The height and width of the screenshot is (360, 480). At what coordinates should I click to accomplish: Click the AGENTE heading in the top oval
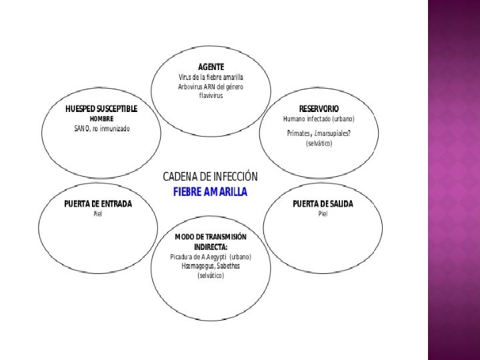point(211,67)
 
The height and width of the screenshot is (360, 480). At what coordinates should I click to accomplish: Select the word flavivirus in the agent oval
point(211,96)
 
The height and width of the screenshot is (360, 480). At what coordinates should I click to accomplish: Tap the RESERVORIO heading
point(319,108)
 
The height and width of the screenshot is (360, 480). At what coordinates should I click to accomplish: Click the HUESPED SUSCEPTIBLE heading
point(101,108)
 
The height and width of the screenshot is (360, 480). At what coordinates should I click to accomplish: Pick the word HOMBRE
point(102,118)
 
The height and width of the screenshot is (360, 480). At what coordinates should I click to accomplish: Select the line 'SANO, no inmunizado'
point(102,128)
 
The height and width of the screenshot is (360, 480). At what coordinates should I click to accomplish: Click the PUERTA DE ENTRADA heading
point(98,203)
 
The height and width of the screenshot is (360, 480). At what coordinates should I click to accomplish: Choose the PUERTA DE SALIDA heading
point(323,203)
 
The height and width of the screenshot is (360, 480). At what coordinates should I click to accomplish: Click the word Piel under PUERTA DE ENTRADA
point(98,214)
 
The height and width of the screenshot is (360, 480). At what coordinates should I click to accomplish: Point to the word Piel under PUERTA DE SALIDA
point(323,214)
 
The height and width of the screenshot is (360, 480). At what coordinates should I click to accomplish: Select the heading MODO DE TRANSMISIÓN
point(211,237)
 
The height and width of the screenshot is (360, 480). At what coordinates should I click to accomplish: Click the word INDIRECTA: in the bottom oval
point(211,247)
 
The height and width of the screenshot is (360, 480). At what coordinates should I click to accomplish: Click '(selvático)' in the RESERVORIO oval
point(319,143)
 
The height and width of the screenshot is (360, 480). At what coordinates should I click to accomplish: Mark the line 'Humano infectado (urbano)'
point(319,119)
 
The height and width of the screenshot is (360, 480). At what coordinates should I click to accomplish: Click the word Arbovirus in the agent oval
point(191,87)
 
